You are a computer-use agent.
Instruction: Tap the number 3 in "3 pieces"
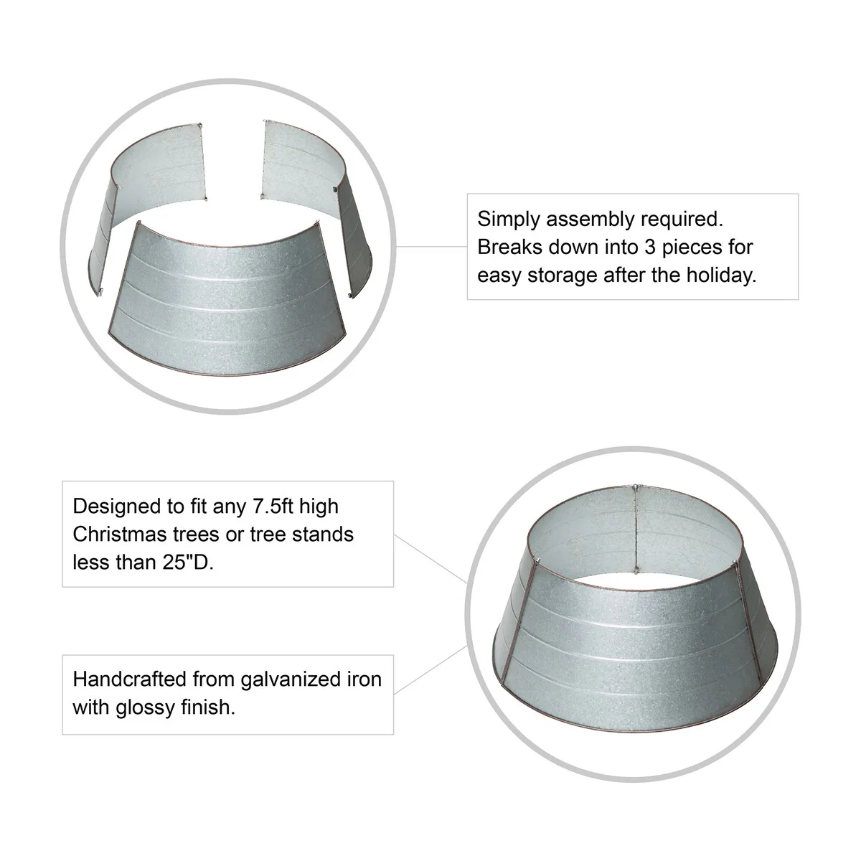(x=650, y=247)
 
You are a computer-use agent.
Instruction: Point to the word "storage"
(x=562, y=276)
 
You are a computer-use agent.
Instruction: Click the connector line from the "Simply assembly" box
(x=432, y=246)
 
